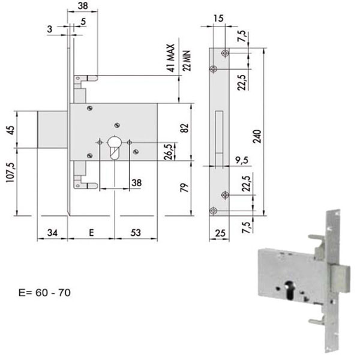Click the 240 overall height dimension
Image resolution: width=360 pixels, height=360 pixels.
pos(257,136)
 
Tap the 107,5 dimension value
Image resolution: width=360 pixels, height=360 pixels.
pos(11,172)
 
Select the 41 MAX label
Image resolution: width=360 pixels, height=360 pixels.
pos(171,58)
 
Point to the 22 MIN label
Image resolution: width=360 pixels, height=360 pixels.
pos(187,61)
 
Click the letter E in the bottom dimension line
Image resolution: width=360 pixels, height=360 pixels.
pos(91,233)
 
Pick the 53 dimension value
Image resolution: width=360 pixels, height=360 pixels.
pos(136,233)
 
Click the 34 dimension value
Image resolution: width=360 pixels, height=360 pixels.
pos(52,233)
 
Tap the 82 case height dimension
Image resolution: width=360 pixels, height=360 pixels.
pos(185,128)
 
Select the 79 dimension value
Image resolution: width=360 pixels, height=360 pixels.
pos(185,188)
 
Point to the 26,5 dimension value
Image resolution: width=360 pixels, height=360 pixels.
pos(168,152)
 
